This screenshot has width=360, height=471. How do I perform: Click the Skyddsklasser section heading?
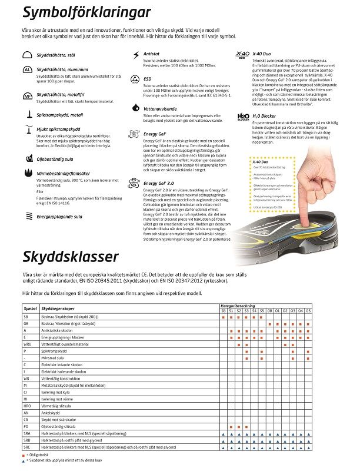coord(71,257)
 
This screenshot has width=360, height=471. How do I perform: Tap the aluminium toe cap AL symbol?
coord(27,70)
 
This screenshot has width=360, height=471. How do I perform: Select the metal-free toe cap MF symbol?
coord(27,95)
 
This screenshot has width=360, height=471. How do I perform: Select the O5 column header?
coord(308,310)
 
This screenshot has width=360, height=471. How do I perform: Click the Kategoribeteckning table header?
coord(238,306)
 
